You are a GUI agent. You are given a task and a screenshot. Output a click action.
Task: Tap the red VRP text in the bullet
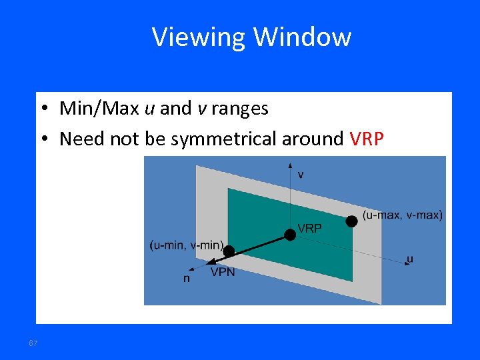[367, 139]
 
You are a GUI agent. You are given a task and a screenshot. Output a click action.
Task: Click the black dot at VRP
[290, 234]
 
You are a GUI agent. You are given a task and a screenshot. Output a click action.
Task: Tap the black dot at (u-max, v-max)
[351, 221]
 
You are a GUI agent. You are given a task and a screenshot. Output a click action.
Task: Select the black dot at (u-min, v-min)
[229, 251]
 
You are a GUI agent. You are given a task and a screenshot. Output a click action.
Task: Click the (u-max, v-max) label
[403, 215]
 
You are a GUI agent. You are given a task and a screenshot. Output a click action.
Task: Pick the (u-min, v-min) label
[187, 245]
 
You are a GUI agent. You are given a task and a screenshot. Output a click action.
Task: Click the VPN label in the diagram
[223, 272]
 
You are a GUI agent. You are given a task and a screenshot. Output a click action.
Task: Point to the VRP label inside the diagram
[310, 228]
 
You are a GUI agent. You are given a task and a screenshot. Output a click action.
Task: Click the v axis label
[301, 175]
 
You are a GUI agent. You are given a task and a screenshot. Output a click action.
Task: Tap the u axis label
[409, 259]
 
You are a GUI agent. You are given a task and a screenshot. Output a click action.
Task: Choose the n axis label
[187, 279]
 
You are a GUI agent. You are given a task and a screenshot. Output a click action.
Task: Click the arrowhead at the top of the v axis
[290, 163]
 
